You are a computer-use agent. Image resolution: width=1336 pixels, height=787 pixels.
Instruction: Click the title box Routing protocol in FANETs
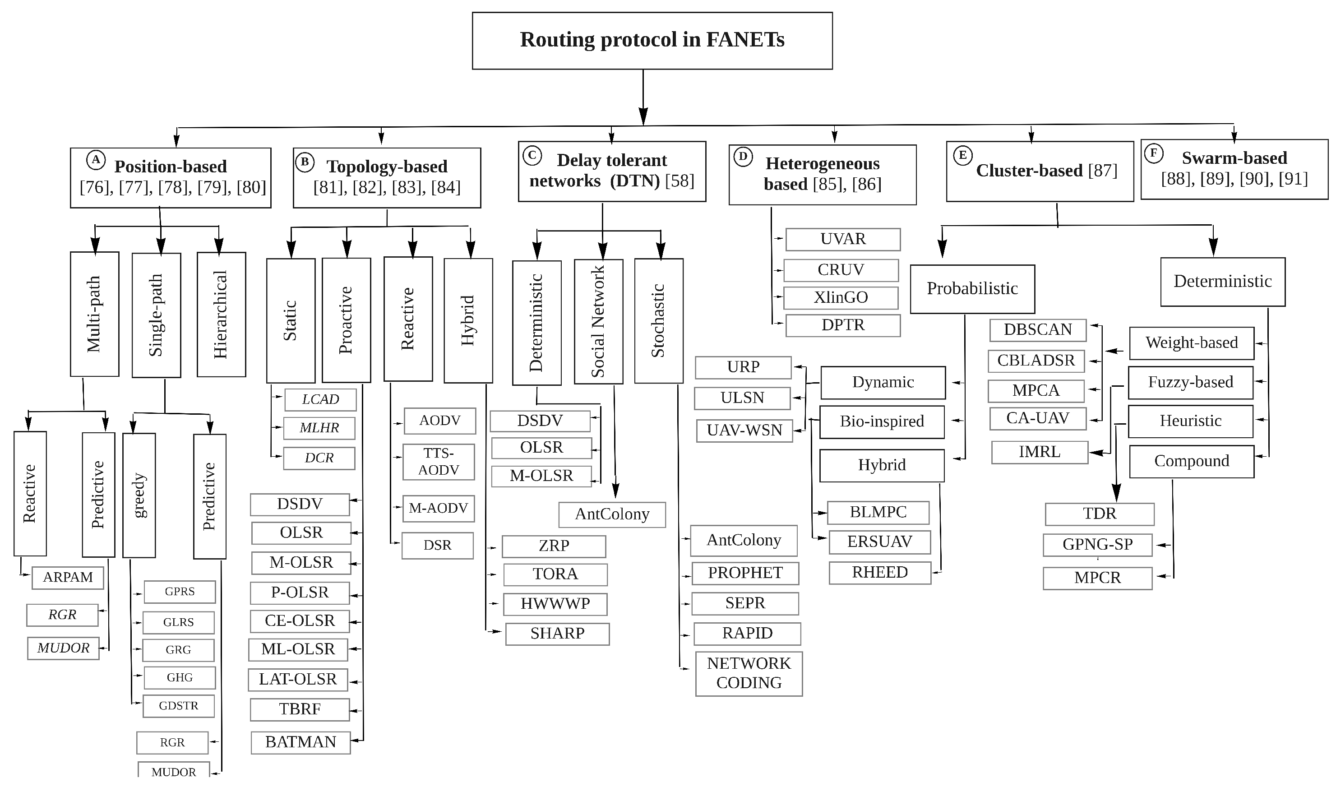(x=652, y=41)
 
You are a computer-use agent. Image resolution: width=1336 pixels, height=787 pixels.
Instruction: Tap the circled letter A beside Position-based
(x=96, y=160)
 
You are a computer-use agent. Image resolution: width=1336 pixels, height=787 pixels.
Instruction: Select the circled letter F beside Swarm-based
(x=1153, y=154)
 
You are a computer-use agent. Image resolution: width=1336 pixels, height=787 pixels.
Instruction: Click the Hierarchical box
(x=221, y=315)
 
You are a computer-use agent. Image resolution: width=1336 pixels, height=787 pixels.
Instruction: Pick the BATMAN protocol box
(x=300, y=742)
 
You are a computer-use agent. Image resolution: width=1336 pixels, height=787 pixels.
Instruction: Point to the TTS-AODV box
(x=439, y=462)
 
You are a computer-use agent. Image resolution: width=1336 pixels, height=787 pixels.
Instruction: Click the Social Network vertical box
(x=599, y=321)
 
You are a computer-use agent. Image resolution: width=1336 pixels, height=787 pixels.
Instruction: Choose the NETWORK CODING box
(x=749, y=674)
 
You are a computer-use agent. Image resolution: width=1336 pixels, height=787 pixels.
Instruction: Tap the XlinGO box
(x=841, y=297)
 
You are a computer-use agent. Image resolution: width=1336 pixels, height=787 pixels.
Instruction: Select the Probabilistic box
(x=972, y=289)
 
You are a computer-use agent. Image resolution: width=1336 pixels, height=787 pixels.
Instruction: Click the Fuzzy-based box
(x=1191, y=382)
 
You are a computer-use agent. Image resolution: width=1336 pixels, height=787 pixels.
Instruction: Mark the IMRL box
(x=1040, y=452)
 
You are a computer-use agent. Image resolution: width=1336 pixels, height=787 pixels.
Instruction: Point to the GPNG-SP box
(x=1097, y=545)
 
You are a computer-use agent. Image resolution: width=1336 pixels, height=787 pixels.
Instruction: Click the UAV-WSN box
(x=744, y=431)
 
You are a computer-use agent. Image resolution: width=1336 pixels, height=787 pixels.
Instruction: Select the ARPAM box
(x=68, y=578)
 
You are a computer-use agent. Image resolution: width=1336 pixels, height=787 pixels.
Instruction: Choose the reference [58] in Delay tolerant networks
(x=680, y=181)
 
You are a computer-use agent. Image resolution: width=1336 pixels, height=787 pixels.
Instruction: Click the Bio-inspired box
(x=882, y=421)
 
